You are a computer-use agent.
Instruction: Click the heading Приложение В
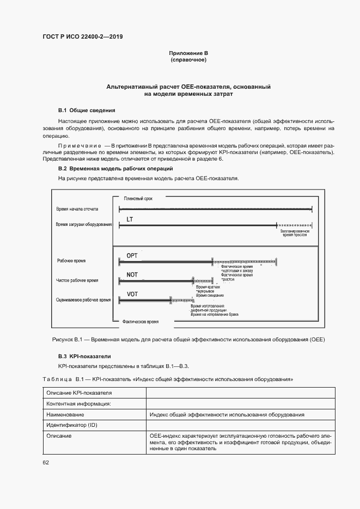[x=188, y=53]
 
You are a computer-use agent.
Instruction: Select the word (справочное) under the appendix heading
[x=188, y=60]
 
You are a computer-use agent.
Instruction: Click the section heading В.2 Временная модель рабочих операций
[x=115, y=169]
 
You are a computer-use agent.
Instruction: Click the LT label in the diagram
[x=130, y=219]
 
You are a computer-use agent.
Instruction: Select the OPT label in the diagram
[x=132, y=255]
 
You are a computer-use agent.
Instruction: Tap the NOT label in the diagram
[x=132, y=275]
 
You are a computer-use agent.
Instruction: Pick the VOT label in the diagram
[x=132, y=294]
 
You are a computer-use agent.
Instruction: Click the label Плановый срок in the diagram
[x=138, y=199]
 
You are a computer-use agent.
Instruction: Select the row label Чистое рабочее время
[x=78, y=280]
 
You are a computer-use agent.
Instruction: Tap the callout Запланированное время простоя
[x=295, y=234]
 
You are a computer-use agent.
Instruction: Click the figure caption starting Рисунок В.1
[x=188, y=339]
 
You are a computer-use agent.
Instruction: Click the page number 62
[x=46, y=462]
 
